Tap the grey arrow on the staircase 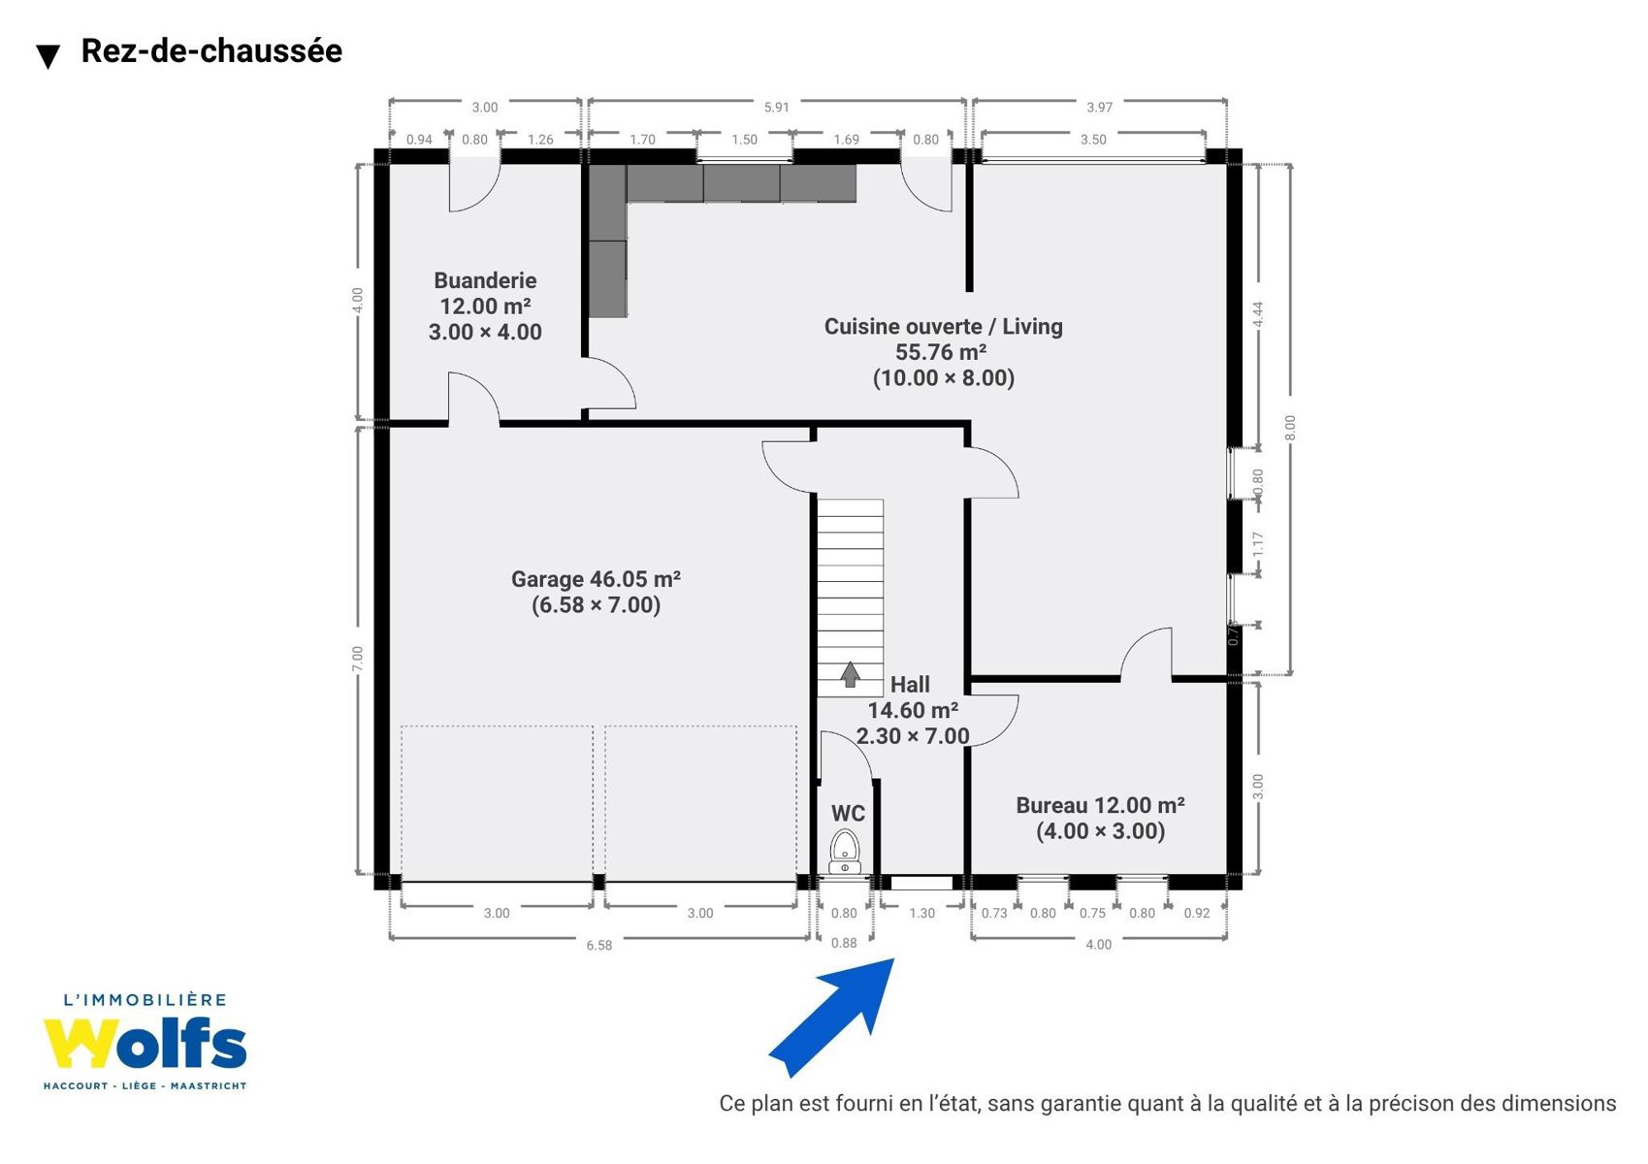[850, 674]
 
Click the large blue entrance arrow [832, 1018]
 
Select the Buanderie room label [485, 280]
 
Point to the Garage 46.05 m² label [596, 579]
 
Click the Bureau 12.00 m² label [1100, 805]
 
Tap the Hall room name [910, 684]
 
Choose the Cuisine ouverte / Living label [943, 327]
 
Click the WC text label [848, 813]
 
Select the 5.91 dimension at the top [776, 108]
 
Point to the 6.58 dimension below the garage [598, 946]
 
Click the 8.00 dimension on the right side [1289, 428]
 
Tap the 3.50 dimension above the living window [1093, 140]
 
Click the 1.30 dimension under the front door [921, 913]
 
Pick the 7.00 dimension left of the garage [358, 659]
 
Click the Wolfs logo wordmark [145, 1043]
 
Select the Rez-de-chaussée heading [211, 50]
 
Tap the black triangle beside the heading [48, 56]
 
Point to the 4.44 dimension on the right [1258, 315]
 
